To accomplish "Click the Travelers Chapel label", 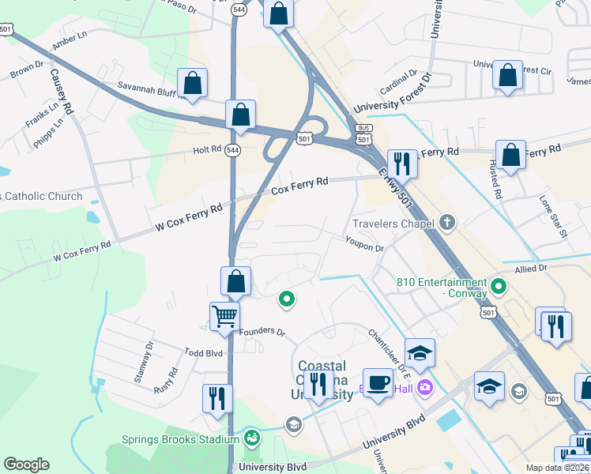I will click(393, 224).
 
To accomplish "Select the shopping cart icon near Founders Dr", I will click(225, 318).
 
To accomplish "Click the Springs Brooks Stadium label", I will click(180, 440).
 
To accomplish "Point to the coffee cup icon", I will click(378, 384).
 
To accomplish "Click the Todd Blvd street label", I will click(183, 352).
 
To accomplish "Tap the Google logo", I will click(26, 465).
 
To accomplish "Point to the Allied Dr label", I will click(531, 269).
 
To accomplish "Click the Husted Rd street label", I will click(495, 182).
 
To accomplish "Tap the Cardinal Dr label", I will click(397, 83).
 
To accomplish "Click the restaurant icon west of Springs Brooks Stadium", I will click(216, 398).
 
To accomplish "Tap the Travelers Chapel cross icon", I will click(448, 223).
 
